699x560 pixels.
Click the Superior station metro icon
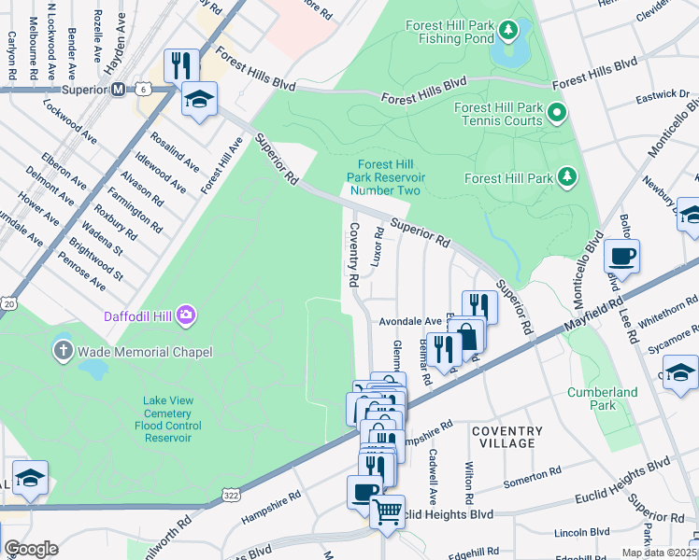pos(119,90)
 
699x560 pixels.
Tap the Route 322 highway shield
pos(230,492)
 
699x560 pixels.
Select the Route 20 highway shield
pos(9,303)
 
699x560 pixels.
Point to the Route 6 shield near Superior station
pos(142,90)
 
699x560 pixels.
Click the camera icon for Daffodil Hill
pos(187,315)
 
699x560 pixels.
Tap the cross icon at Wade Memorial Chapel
pos(63,352)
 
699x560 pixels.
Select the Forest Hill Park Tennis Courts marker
pos(557,115)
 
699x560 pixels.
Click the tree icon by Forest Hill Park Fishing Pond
pos(507,32)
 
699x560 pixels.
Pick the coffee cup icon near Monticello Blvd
pos(621,255)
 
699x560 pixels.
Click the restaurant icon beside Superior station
pos(180,64)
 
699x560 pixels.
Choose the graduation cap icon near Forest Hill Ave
pos(199,98)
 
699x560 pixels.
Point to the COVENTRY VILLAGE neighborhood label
pos(506,437)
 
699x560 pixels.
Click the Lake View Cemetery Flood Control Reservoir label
pos(168,418)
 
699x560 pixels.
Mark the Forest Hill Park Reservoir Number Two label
pos(387,176)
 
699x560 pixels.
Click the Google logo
pos(31,549)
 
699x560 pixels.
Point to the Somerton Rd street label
pos(532,475)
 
